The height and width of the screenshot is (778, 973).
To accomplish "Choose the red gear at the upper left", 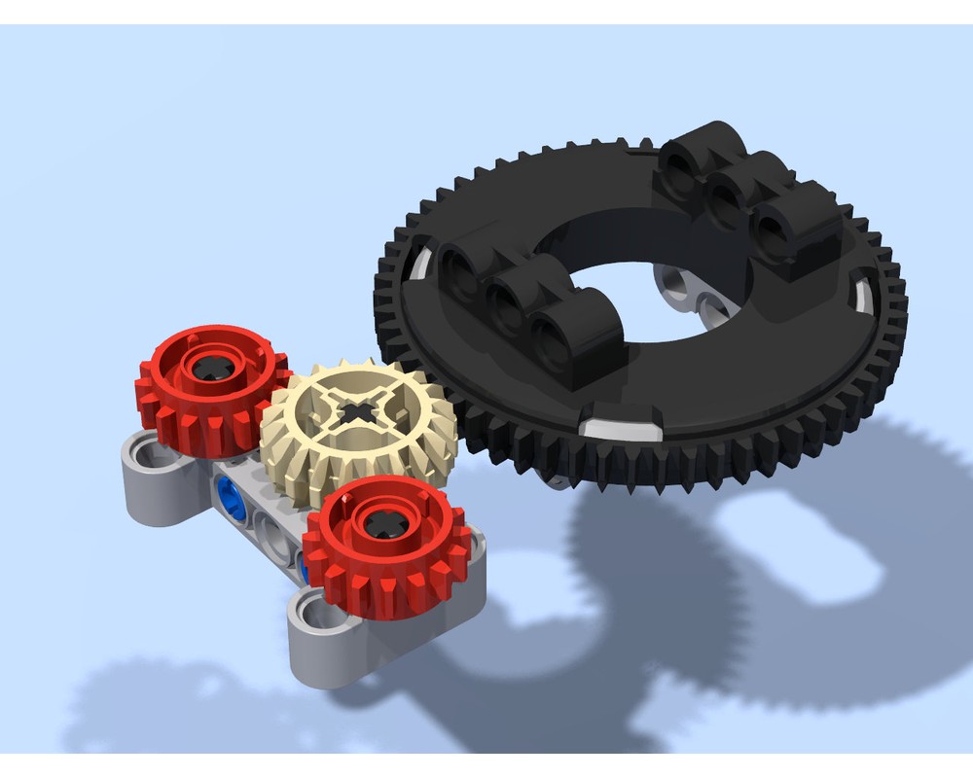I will (212, 389).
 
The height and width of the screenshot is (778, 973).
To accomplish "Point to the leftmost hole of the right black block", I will (679, 167).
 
